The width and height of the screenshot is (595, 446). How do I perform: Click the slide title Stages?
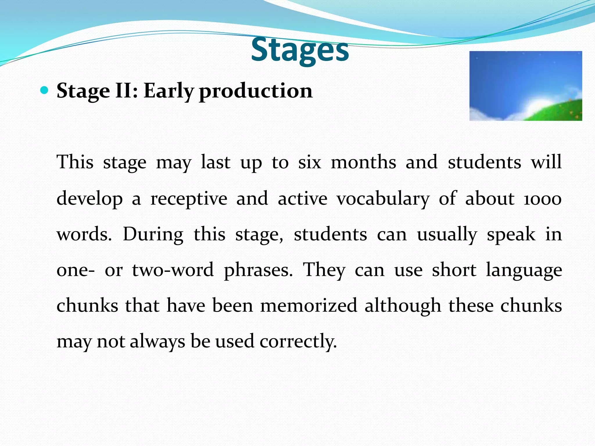point(300,50)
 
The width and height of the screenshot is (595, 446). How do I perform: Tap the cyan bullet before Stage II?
point(44,91)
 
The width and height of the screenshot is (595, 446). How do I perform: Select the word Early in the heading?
point(169,91)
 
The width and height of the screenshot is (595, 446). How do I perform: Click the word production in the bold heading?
point(256,91)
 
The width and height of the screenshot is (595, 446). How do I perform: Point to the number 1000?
point(542,199)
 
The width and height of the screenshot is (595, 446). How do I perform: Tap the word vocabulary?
point(383,199)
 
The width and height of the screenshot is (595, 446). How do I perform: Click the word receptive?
point(189,199)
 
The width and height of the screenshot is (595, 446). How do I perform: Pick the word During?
point(153,235)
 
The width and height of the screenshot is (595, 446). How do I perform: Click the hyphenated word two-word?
point(173,270)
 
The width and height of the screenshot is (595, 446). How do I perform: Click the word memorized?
point(309,306)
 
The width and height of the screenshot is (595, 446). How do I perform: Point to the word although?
point(403,306)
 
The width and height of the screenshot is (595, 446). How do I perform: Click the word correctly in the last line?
point(298,341)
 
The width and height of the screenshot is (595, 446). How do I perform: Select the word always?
point(157,341)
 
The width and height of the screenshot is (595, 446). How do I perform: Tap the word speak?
point(511,235)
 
